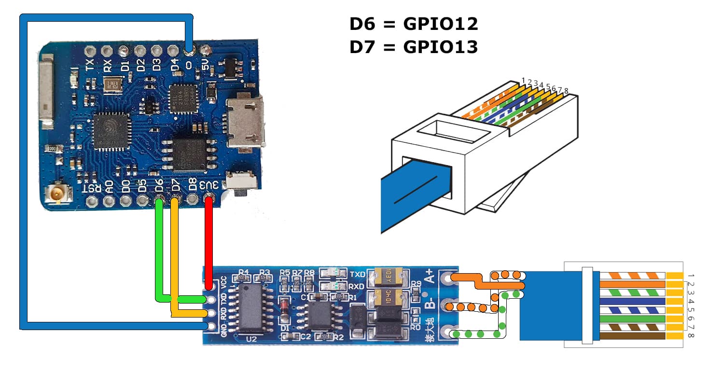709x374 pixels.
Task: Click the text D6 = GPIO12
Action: (x=414, y=23)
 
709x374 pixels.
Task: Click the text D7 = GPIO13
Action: (x=414, y=47)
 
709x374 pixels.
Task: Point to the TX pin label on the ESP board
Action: (x=90, y=65)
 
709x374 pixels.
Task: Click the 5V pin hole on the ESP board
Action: (x=207, y=50)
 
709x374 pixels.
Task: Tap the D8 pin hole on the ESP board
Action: (x=193, y=199)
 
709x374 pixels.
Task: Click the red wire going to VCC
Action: (x=209, y=241)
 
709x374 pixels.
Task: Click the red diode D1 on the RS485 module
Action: (x=285, y=306)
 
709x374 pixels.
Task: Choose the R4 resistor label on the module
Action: (x=243, y=272)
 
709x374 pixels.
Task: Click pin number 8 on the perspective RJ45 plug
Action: (x=566, y=91)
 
